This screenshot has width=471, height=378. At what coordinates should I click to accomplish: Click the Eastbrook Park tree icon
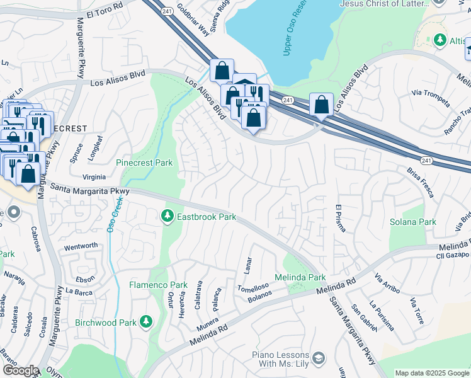167,216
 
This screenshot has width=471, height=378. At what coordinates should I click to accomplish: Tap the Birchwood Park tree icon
146,322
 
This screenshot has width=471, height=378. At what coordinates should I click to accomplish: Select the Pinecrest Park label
144,163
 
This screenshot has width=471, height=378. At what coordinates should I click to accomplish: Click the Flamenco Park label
150,285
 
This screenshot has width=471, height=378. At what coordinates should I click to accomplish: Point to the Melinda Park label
300,277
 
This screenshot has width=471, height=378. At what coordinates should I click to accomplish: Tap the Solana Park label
414,222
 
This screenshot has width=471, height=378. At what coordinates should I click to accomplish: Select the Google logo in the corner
20,370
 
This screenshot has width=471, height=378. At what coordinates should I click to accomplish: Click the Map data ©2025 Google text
432,373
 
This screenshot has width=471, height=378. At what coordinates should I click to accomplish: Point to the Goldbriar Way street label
193,20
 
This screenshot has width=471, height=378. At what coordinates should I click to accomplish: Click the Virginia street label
94,177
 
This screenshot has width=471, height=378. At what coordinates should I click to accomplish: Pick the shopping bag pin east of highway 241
321,105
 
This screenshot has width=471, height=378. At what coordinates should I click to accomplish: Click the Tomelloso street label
253,286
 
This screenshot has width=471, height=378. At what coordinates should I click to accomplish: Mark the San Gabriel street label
364,318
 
